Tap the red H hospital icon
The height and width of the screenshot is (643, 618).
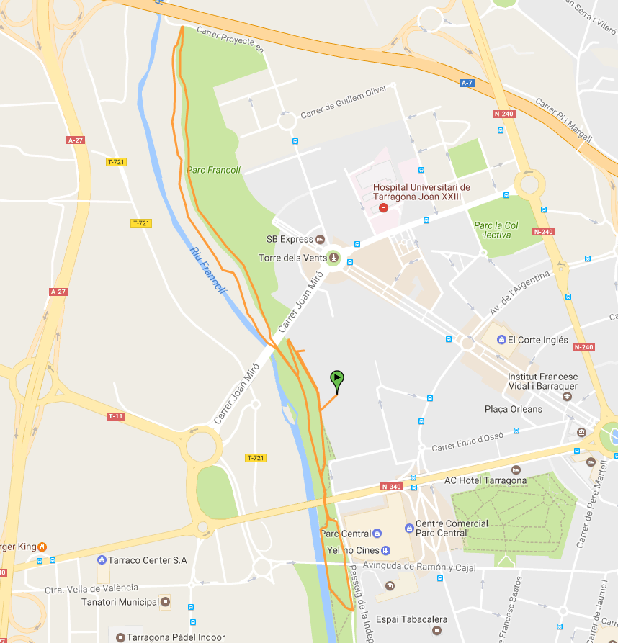pos(383,209)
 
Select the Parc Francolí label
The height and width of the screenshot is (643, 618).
pos(213,171)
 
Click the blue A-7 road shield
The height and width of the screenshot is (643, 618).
pos(467,84)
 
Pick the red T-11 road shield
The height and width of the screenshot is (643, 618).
pos(115,416)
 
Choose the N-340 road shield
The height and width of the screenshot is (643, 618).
pos(391,487)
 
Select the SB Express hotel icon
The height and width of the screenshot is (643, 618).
pos(321,239)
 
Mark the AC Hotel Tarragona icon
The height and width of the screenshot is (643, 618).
pos(514,480)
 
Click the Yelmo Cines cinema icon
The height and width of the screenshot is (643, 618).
pos(386,551)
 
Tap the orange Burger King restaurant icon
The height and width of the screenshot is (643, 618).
pos(42,547)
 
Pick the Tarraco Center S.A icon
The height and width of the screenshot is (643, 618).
pos(102,560)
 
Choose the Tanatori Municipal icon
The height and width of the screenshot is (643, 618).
pos(166,601)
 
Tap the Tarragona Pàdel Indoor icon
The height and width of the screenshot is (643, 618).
pos(120,637)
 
